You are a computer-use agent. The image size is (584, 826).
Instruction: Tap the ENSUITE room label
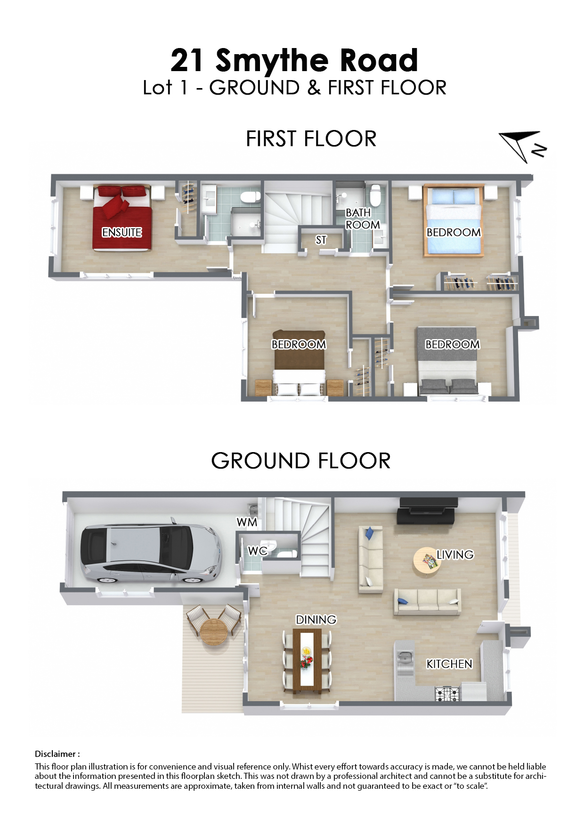[x=122, y=232]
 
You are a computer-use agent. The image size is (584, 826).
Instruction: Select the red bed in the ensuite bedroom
[x=122, y=218]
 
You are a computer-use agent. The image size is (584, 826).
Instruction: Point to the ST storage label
[x=321, y=240]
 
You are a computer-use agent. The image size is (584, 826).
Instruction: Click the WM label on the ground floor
[x=247, y=522]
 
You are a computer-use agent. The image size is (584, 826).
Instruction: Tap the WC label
[x=258, y=551]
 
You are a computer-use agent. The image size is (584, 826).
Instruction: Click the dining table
[x=307, y=661]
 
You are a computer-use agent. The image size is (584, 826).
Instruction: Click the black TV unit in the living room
[x=427, y=510]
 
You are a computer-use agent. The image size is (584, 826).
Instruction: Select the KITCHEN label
[x=449, y=664]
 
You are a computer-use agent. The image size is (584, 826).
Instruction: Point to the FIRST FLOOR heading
[x=311, y=139]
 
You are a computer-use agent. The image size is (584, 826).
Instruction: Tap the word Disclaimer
[x=55, y=754]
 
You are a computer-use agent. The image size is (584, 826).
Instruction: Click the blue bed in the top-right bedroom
[x=454, y=220]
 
